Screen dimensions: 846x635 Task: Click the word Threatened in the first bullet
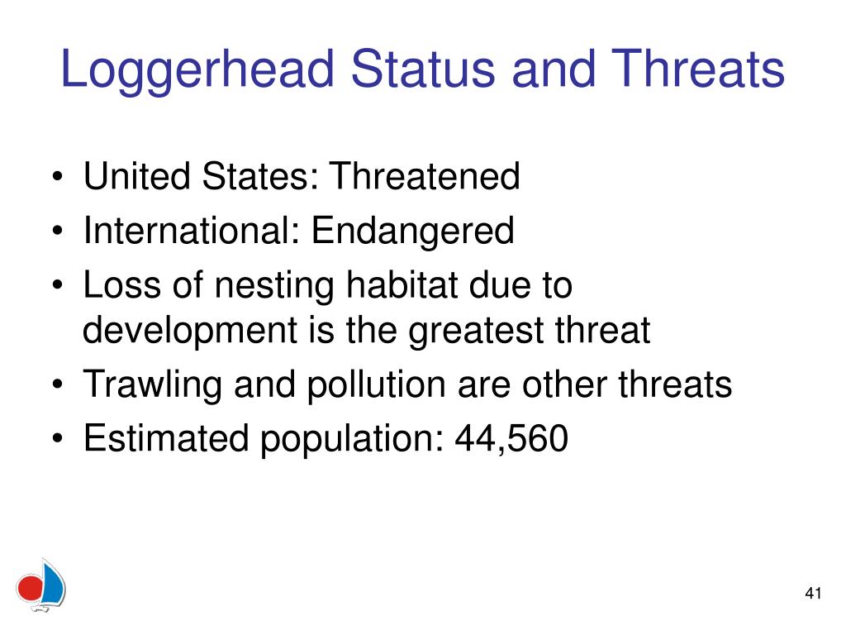(425, 176)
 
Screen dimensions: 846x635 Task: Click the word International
(192, 230)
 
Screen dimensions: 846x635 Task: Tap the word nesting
(274, 287)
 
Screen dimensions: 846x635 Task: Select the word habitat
(402, 284)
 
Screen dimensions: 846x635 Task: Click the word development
(190, 332)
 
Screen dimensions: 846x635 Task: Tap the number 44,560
(511, 438)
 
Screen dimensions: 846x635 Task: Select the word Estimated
(166, 437)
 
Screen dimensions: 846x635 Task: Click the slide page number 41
(813, 593)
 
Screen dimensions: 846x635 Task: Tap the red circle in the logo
(30, 588)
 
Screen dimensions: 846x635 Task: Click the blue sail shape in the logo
(53, 582)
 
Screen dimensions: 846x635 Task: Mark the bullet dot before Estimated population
(58, 438)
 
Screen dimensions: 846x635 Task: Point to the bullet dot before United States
(58, 177)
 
